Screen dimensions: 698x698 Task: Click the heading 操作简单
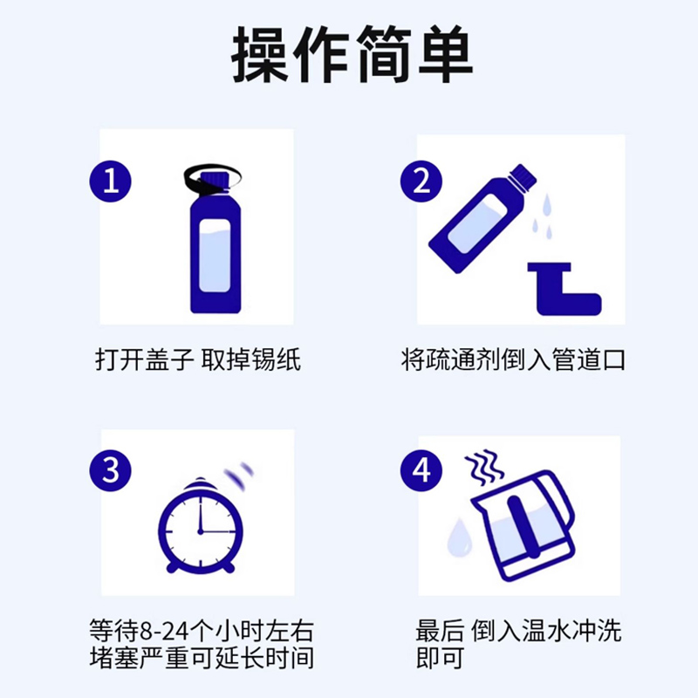click(352, 54)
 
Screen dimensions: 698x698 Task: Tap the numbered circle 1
click(111, 181)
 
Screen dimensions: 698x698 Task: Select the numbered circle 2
click(421, 181)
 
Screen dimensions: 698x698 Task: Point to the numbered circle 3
click(111, 470)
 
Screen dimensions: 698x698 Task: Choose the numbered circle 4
click(421, 470)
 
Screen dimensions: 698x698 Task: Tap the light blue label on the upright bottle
click(215, 255)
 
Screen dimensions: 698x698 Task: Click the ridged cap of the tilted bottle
click(523, 175)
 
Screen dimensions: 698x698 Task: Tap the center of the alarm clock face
click(201, 531)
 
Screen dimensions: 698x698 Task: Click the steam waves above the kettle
click(485, 469)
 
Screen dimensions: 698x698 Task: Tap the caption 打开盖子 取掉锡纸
click(198, 359)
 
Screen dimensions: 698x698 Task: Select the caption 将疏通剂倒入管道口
click(513, 359)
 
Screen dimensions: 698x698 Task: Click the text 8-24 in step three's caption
click(166, 630)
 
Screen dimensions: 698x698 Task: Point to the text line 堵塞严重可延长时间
click(202, 657)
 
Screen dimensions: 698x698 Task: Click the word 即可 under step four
click(440, 657)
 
